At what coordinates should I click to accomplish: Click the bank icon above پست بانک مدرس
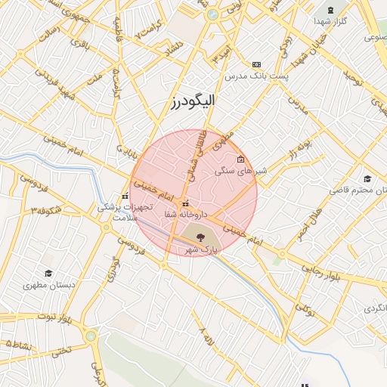point(256,65)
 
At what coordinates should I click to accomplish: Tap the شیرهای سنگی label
point(241,172)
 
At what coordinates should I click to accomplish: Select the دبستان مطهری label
point(48,285)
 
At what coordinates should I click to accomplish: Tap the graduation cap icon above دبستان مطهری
point(48,273)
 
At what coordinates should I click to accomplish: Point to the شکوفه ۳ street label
point(44,209)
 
